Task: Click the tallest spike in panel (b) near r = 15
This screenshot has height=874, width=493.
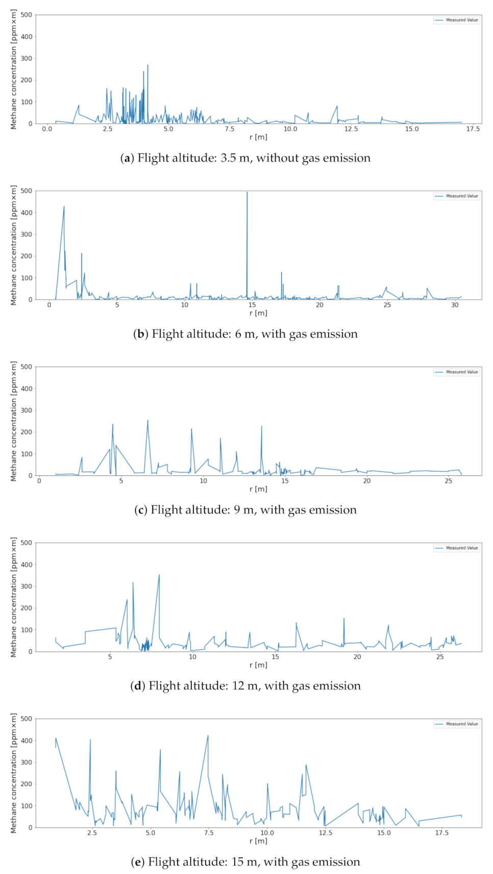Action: click(247, 193)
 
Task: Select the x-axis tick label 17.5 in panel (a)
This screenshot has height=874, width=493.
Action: click(473, 129)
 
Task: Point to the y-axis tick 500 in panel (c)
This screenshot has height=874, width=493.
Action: click(27, 367)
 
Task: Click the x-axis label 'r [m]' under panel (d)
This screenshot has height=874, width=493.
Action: click(258, 665)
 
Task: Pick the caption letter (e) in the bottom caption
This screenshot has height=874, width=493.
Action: click(138, 862)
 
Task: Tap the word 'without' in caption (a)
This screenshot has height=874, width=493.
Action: click(275, 158)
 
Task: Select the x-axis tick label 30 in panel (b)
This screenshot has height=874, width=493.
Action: click(455, 305)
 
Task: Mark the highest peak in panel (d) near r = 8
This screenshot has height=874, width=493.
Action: click(159, 575)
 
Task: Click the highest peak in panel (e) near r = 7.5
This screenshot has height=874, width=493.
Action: click(208, 736)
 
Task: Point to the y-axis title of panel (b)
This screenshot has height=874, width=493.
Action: click(14, 245)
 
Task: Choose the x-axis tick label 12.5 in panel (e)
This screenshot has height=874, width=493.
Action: click(326, 833)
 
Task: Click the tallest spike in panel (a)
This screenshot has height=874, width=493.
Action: click(147, 65)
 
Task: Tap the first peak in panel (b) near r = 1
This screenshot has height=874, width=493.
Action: click(64, 207)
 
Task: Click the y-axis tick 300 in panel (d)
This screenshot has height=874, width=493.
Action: click(27, 586)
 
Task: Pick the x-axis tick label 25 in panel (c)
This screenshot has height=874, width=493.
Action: click(448, 481)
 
